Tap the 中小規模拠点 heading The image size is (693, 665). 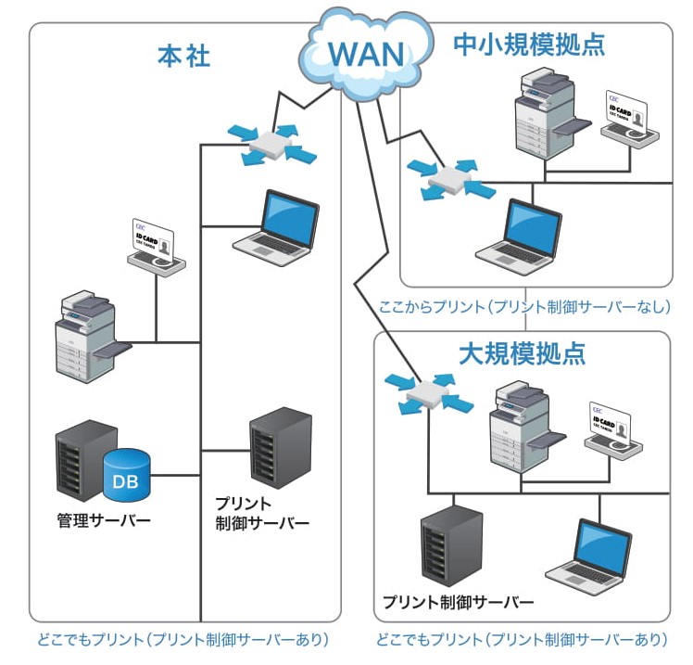(x=529, y=44)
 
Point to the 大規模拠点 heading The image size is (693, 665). (x=522, y=354)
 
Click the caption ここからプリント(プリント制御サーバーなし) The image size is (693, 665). (x=524, y=306)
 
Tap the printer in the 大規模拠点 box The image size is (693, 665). (x=523, y=426)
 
